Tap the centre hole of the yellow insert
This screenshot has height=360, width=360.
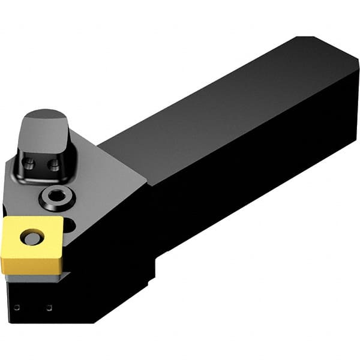point(30,238)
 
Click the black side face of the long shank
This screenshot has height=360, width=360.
point(252,180)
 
